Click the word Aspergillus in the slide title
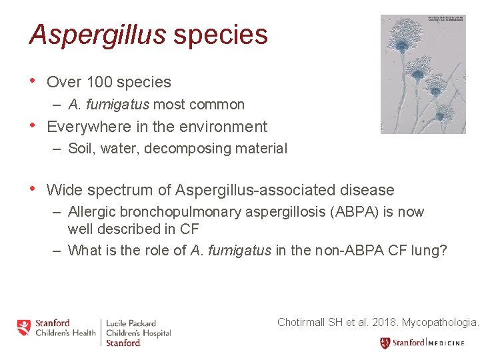coord(97,35)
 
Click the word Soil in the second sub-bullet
coord(81,149)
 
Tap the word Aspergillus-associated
coord(255,190)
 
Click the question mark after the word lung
coord(443,251)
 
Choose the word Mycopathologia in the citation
coord(440,322)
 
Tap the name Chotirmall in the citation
coord(301,322)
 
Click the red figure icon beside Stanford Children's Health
coord(24,327)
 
